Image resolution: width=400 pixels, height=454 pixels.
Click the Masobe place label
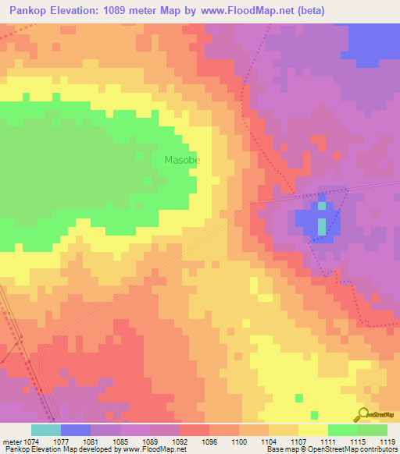182,160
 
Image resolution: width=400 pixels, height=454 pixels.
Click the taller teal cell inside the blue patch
321,227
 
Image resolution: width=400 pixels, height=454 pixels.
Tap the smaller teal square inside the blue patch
321,206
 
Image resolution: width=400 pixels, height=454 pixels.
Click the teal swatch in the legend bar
46,430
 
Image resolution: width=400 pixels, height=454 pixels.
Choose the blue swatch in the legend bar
76,430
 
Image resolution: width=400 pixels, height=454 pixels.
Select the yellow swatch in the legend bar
312,430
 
